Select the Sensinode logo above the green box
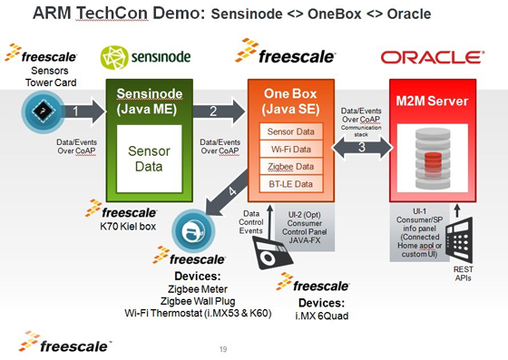(145, 56)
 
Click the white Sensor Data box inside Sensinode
(148, 158)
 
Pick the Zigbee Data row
(291, 167)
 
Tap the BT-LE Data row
(291, 184)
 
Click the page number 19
(224, 348)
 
